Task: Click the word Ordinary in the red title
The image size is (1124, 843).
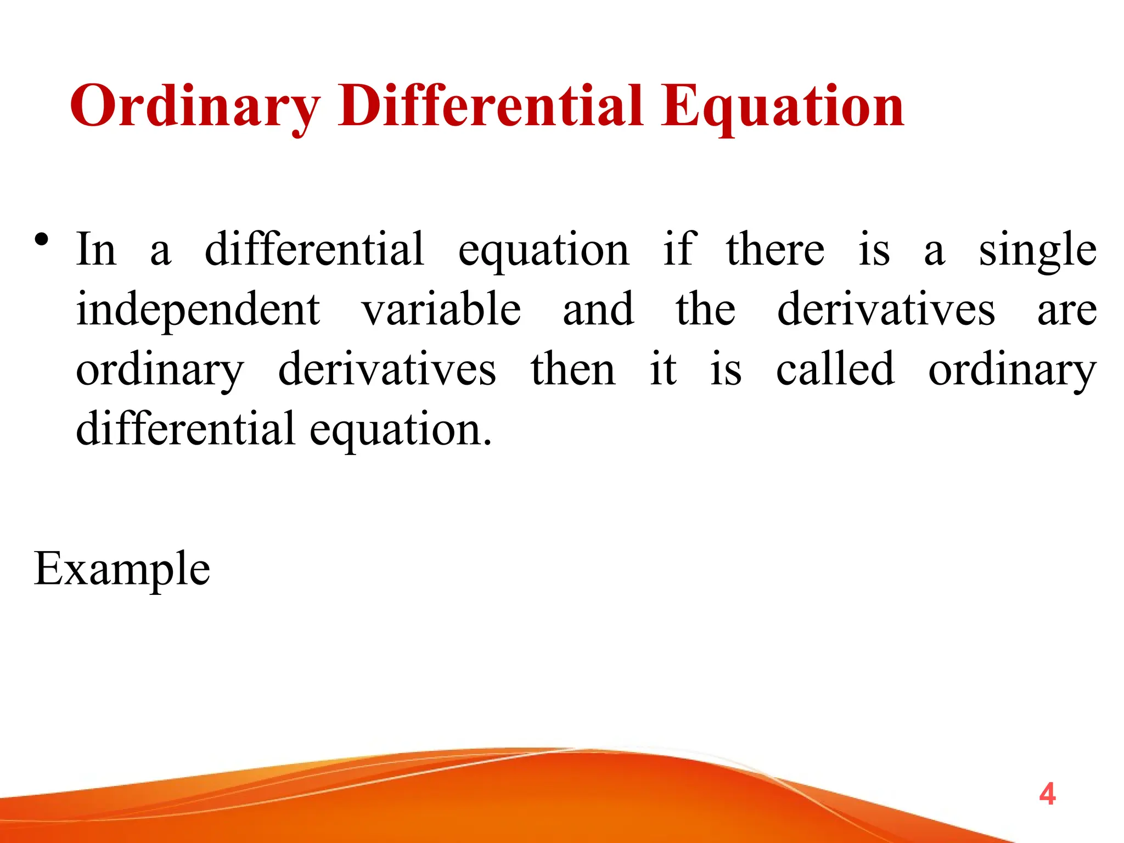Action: tap(195, 106)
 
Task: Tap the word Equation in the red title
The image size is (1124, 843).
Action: tap(782, 106)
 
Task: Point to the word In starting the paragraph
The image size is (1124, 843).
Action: tap(96, 250)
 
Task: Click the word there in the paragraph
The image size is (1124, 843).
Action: tap(775, 250)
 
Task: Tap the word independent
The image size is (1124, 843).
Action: tap(198, 310)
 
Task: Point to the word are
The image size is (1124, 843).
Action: tap(1067, 310)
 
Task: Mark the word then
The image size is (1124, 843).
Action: tap(573, 369)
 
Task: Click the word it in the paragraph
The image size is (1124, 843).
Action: tap(663, 369)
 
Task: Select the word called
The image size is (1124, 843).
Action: tap(835, 369)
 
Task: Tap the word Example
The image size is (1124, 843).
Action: tap(122, 569)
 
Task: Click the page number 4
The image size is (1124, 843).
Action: tap(1047, 795)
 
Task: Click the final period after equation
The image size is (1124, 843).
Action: tap(487, 442)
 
